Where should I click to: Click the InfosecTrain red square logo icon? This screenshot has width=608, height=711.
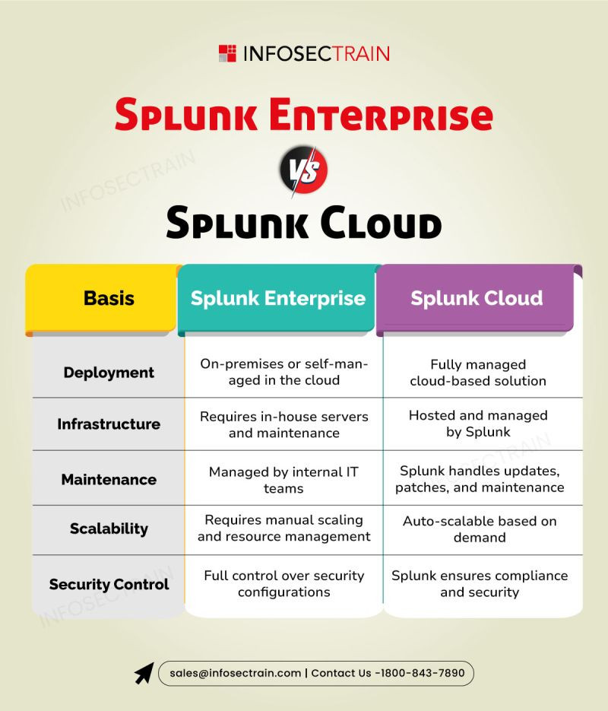227,53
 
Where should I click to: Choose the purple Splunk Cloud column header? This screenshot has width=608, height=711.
477,299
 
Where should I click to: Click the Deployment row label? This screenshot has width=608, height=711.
109,373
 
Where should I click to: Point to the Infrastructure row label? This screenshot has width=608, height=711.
109,424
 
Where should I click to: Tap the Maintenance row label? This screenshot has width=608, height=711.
109,479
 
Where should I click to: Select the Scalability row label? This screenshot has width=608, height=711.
109,528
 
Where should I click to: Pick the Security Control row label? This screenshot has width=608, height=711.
109,584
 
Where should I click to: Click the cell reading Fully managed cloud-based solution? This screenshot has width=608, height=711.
478,373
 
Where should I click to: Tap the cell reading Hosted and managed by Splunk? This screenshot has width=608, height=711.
478,424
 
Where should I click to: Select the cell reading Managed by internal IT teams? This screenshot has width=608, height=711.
283,480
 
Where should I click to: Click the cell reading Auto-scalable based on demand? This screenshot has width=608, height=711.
480,529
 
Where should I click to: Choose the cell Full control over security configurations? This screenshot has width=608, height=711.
284,583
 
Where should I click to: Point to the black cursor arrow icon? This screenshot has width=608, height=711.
144,673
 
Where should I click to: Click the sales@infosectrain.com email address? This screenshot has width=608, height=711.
235,673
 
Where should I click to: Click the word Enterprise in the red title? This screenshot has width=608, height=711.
381,115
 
